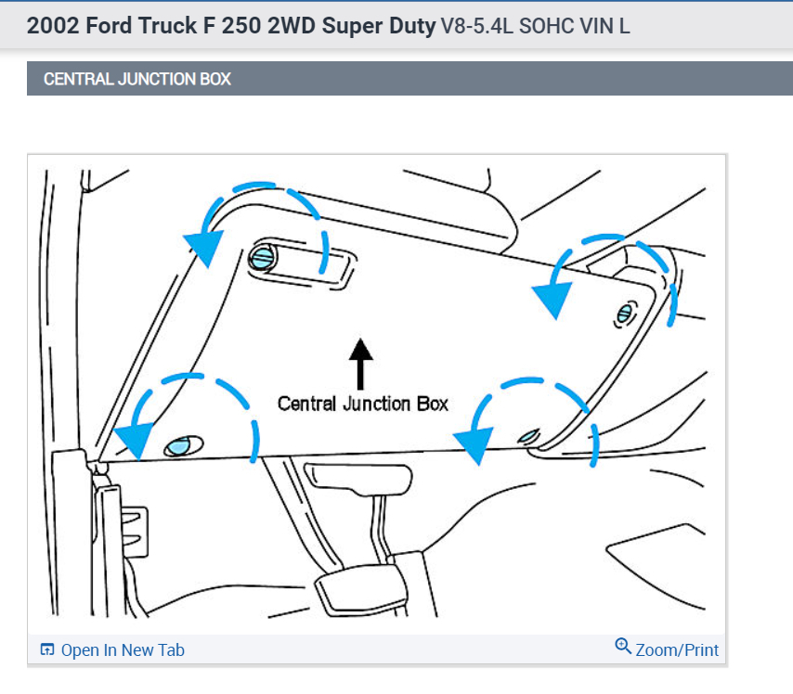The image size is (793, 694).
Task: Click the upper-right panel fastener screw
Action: point(624,315)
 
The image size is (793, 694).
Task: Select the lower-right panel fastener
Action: point(529,435)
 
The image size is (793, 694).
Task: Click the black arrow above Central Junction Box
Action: point(361,363)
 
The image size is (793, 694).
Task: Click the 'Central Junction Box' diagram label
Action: point(363,404)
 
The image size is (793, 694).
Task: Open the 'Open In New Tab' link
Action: point(122,650)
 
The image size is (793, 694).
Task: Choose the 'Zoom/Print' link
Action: point(676,650)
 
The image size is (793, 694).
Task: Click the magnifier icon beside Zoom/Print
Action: point(623,646)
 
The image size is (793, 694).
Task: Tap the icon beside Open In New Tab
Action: point(47,650)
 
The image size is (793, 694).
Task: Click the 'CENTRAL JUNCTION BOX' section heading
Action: point(137,80)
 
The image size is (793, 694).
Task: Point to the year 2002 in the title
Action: point(53,25)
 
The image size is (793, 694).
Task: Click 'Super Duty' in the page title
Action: point(379,25)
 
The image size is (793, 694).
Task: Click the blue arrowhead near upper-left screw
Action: point(203,246)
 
